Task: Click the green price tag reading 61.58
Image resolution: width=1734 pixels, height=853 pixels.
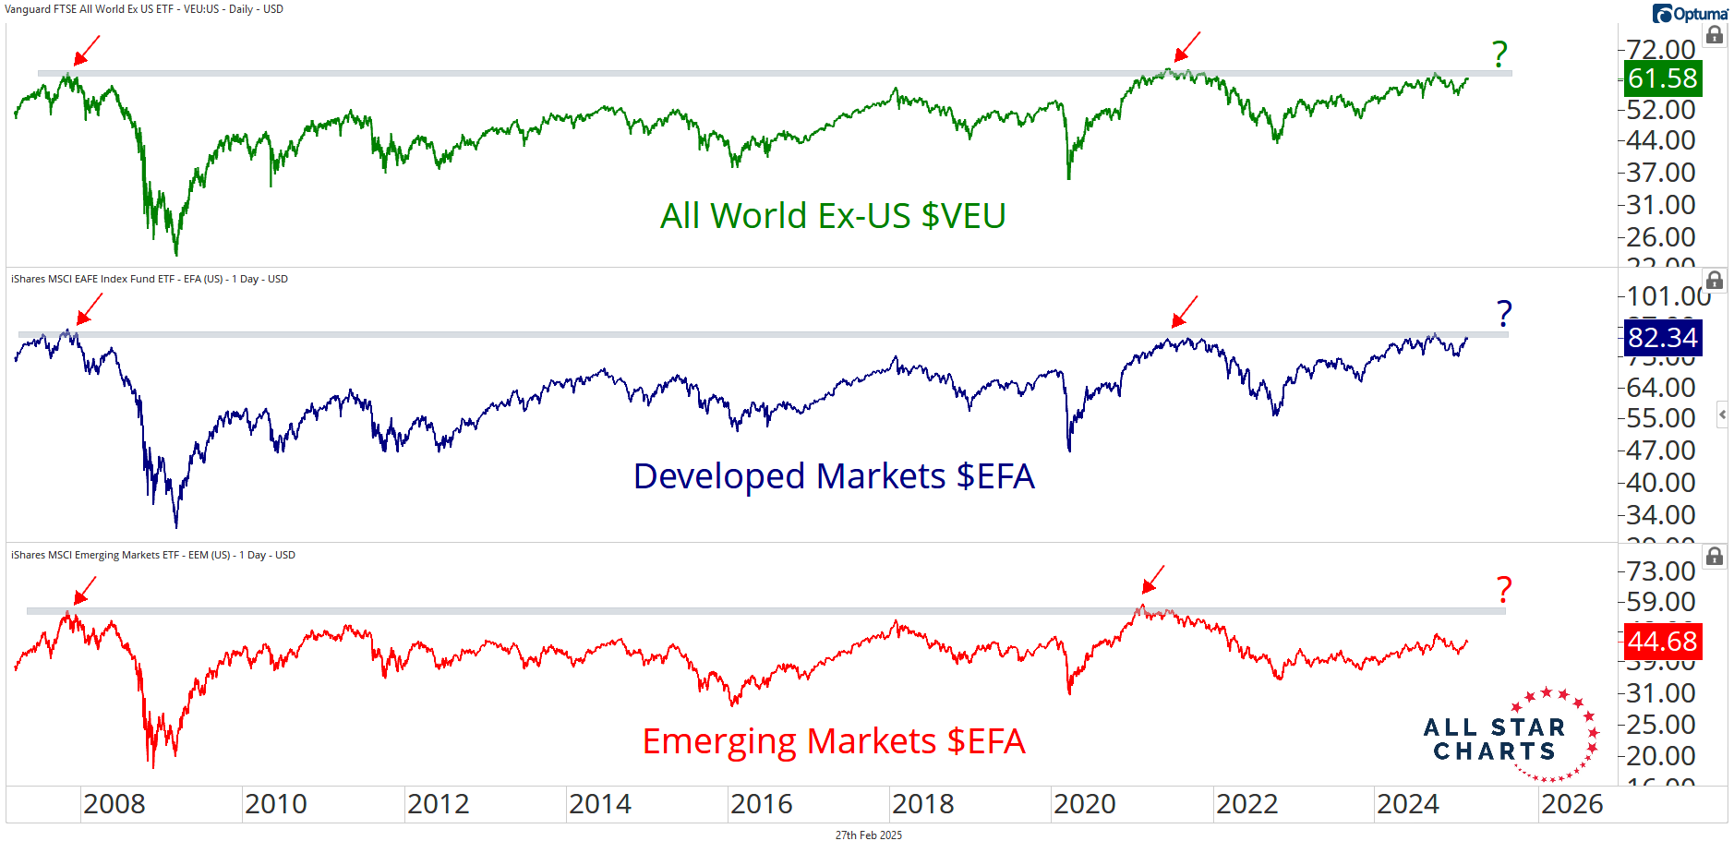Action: (x=1662, y=78)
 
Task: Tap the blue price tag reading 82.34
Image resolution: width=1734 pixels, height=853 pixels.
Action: (x=1662, y=338)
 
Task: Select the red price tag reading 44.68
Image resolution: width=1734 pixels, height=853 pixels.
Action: (x=1662, y=642)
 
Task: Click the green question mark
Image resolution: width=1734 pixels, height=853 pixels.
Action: (x=1499, y=54)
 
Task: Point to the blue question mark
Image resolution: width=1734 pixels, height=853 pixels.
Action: (x=1504, y=314)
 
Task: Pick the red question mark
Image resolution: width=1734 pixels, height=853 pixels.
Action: (x=1504, y=589)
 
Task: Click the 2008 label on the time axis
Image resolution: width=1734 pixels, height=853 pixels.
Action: (x=114, y=804)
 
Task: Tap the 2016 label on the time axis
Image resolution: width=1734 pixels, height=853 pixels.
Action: (x=762, y=804)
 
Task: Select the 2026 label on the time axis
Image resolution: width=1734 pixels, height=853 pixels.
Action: (x=1571, y=804)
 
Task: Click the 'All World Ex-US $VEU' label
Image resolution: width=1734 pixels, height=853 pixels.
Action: (x=833, y=216)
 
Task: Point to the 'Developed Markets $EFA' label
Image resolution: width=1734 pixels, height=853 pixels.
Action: (x=834, y=476)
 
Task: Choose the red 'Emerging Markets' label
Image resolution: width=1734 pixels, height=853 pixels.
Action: (x=834, y=741)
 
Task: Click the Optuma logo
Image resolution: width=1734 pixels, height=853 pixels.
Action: (x=1690, y=14)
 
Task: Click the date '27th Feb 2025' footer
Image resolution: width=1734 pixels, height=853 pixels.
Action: (x=868, y=835)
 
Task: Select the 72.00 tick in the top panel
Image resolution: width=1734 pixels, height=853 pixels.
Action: (x=1660, y=49)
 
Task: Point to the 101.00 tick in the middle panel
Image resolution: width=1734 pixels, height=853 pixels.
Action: (x=1668, y=296)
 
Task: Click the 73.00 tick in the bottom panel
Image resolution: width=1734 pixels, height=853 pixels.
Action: (x=1660, y=571)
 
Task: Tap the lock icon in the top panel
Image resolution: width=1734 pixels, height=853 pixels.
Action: (x=1715, y=35)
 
